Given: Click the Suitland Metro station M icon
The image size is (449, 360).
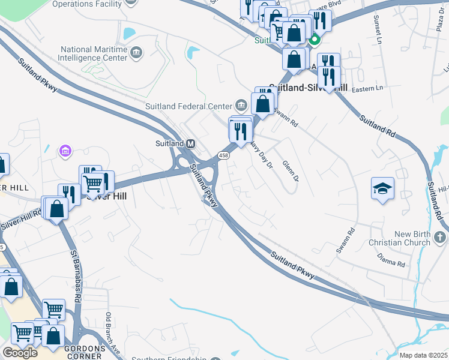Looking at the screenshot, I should coord(191,143).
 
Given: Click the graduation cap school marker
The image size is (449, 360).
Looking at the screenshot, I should coord(382,188).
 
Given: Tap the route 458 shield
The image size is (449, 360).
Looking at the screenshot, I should coord(223,155).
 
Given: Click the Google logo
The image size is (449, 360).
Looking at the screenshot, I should coord(20,353).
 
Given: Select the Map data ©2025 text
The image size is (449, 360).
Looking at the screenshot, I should coord(423,355).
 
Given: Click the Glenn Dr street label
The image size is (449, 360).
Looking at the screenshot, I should coord(290,170).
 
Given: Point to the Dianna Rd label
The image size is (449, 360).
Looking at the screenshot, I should coord(392,260).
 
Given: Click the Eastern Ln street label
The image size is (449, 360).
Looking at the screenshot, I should coord(367,88).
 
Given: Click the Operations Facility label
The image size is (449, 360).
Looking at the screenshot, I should coord(87,4).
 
